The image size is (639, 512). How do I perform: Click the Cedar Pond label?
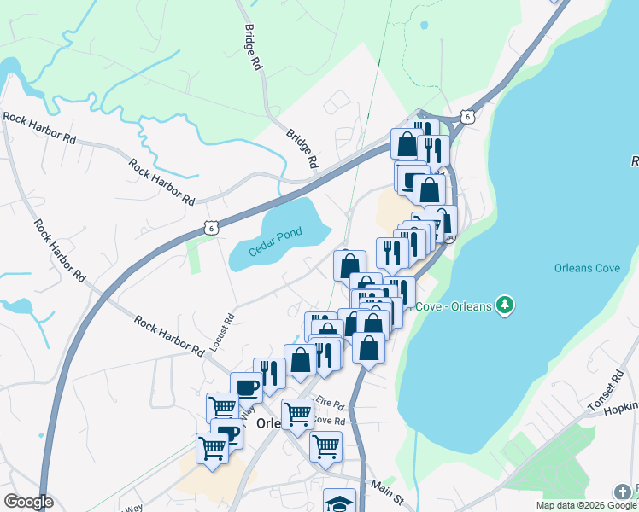pyautogui.click(x=276, y=240)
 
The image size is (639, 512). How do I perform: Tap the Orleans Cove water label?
pyautogui.click(x=586, y=267)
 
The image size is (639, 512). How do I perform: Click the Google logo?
pyautogui.click(x=28, y=502)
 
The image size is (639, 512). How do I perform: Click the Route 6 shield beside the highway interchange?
pyautogui.click(x=466, y=116)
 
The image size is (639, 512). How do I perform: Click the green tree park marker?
pyautogui.click(x=506, y=305)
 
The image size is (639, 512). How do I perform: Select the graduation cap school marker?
pyautogui.click(x=340, y=502)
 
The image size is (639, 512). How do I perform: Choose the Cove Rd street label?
pyautogui.click(x=328, y=421)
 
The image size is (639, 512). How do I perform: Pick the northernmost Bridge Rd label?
pyautogui.click(x=251, y=47)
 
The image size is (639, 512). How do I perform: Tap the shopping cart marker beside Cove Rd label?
pyautogui.click(x=296, y=414)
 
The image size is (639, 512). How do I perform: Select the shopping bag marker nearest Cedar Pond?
pyautogui.click(x=349, y=265)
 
